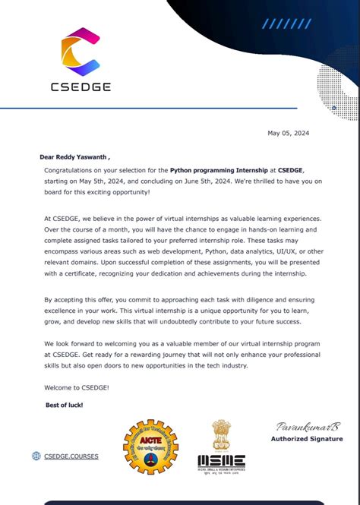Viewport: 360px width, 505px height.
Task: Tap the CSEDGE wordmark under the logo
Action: click(x=81, y=87)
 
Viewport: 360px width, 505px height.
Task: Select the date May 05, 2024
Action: click(x=289, y=134)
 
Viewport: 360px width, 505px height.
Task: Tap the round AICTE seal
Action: click(x=153, y=443)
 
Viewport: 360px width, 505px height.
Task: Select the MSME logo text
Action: click(x=221, y=461)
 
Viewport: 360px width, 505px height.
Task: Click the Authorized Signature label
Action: click(x=307, y=439)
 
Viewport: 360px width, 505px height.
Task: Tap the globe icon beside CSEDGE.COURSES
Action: click(x=36, y=456)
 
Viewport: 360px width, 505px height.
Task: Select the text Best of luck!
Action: click(x=65, y=405)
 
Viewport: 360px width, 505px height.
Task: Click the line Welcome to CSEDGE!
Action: click(x=77, y=389)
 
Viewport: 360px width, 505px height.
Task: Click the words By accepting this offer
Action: click(x=82, y=300)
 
